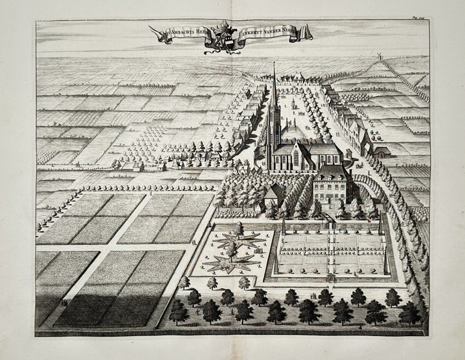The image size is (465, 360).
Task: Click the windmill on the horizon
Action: (x=379, y=56)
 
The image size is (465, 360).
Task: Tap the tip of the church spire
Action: (x=274, y=63)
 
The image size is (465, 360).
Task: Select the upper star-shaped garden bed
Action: (x=239, y=239)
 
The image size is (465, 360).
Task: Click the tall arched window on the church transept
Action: (x=293, y=157)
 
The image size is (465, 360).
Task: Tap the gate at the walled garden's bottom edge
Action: (x=330, y=278)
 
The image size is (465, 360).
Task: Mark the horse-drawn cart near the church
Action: (x=358, y=163)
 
